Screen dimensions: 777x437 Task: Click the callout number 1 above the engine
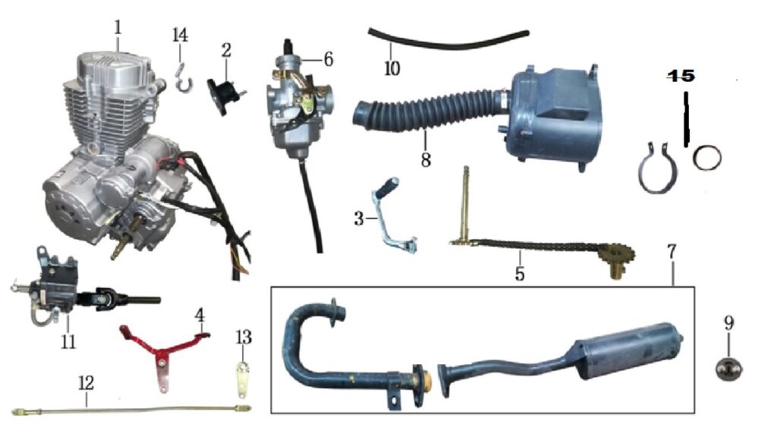[118, 28]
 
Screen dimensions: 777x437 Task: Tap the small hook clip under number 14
[183, 78]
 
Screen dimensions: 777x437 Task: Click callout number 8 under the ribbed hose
[426, 159]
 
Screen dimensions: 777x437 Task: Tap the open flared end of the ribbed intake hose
[362, 112]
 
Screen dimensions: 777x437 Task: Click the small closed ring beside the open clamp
[707, 158]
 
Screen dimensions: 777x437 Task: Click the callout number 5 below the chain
[519, 273]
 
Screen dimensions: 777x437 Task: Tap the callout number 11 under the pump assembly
[68, 341]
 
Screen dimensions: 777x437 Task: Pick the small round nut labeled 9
[728, 369]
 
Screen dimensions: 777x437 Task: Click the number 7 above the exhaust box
[672, 252]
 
